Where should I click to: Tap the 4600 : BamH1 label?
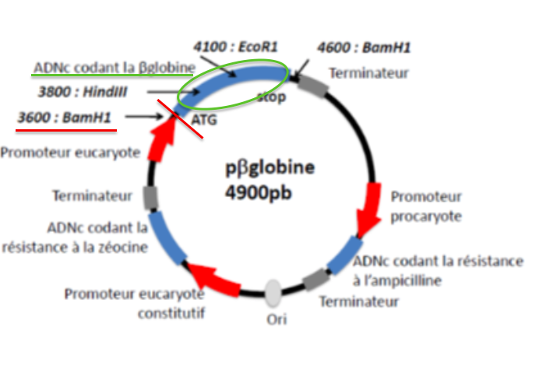[x=364, y=48]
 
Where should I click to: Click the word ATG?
[x=203, y=121]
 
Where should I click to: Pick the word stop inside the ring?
[x=271, y=97]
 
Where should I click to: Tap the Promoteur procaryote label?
[x=426, y=206]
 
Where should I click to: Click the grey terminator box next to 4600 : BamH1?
[x=312, y=85]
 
